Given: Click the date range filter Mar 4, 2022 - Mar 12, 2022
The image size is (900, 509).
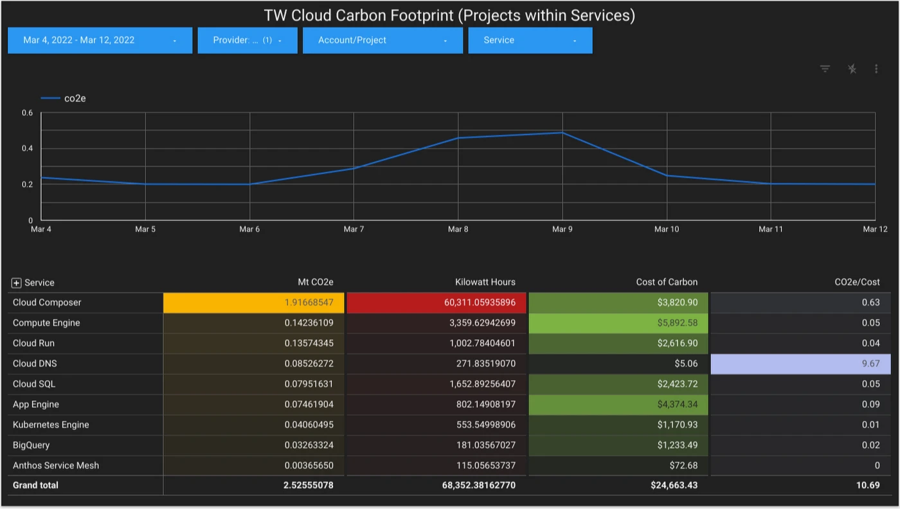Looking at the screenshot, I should pyautogui.click(x=100, y=40).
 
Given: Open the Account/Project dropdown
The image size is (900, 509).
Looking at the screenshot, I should pyautogui.click(x=382, y=40).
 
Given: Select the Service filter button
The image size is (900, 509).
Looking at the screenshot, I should pyautogui.click(x=530, y=40).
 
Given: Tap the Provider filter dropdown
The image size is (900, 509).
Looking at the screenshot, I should pyautogui.click(x=248, y=40).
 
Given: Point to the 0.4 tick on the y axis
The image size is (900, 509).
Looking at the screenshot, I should pyautogui.click(x=27, y=149).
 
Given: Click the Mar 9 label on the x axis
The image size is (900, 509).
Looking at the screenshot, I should pyautogui.click(x=562, y=229).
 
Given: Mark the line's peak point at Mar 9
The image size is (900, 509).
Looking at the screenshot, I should pyautogui.click(x=562, y=133).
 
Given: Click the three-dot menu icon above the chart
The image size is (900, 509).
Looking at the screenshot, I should pyautogui.click(x=876, y=69).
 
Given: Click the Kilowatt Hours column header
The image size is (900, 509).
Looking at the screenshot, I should pyautogui.click(x=485, y=282).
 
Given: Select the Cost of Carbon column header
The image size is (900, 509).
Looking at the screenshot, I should pyautogui.click(x=667, y=282).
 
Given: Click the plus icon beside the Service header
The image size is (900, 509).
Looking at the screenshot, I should pyautogui.click(x=17, y=283).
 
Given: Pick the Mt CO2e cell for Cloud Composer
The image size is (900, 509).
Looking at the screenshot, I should pyautogui.click(x=254, y=302).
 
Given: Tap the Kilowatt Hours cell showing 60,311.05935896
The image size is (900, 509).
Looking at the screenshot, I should pyautogui.click(x=437, y=302).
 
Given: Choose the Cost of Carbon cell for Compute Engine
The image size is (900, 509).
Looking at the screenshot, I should pyautogui.click(x=618, y=323).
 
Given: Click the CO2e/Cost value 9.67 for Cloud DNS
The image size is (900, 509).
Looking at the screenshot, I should pyautogui.click(x=801, y=364).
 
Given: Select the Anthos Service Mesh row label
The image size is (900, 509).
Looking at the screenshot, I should pyautogui.click(x=56, y=465).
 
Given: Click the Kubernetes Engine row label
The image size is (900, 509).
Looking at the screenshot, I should pyautogui.click(x=51, y=425).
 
